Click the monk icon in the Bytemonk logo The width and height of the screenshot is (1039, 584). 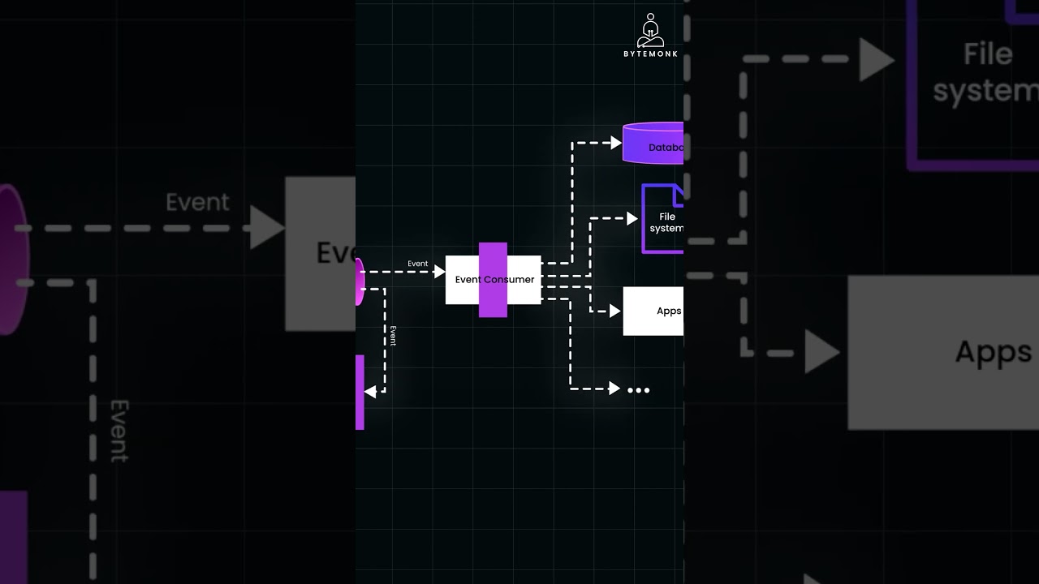point(650,31)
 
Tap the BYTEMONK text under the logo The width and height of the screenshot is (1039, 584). point(650,54)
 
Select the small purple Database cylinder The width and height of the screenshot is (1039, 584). point(653,144)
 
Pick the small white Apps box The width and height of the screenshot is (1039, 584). point(653,311)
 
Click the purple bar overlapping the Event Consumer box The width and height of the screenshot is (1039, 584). point(493,280)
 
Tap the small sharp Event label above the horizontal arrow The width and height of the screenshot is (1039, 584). point(418,264)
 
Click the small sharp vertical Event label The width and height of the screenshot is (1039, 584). point(393,336)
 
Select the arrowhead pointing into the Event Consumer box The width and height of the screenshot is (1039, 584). point(440,272)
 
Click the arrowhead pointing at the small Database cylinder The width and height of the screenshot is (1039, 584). point(616,143)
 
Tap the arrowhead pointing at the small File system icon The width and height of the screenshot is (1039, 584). point(632,217)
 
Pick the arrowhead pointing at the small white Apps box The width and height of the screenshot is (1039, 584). point(615,311)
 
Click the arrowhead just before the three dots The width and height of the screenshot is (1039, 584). point(614,389)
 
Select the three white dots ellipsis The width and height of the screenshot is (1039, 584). point(639,390)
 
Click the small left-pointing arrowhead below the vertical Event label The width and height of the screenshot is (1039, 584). point(370,392)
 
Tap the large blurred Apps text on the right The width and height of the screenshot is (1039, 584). point(994,353)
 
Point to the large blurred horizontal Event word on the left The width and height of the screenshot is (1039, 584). point(197,203)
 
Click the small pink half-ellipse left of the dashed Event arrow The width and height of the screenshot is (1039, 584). point(360,281)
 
